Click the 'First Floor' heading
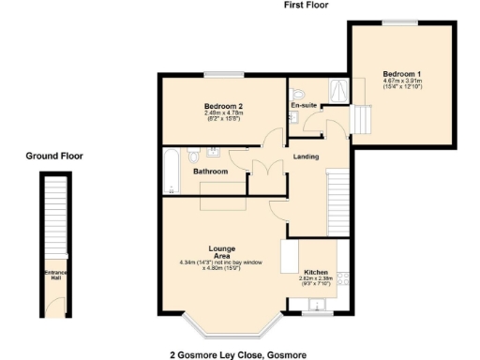(x=307, y=5)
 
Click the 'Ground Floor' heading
(x=53, y=156)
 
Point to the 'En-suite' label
(x=302, y=106)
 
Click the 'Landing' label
(x=306, y=157)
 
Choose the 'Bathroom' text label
(x=210, y=172)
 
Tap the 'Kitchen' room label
(x=315, y=269)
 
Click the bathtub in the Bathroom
(x=170, y=171)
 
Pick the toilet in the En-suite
(x=296, y=93)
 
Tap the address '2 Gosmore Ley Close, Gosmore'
(x=237, y=354)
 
